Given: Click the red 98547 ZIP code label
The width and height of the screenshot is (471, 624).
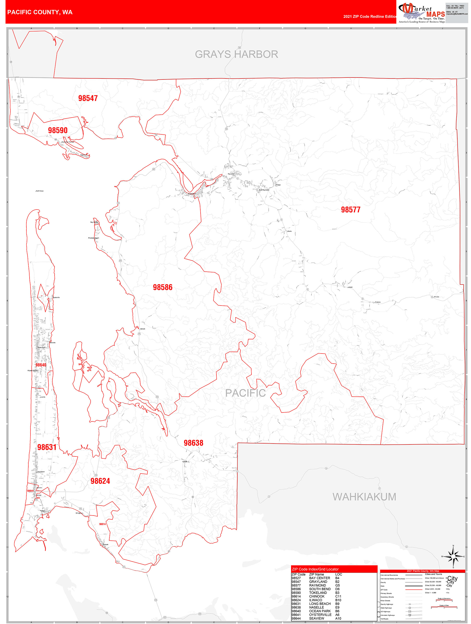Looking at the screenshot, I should tap(88, 98).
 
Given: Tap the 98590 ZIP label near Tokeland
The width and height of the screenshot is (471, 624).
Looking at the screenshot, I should tap(58, 130).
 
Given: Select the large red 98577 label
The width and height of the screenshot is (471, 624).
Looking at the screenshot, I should tap(350, 210).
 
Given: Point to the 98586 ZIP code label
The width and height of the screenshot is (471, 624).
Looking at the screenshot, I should tap(162, 287).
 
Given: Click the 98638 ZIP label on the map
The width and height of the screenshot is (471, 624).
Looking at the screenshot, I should tap(193, 443).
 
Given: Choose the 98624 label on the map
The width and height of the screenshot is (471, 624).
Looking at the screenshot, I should tap(100, 481).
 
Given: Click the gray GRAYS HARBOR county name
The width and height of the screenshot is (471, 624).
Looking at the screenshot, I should tap(236, 54).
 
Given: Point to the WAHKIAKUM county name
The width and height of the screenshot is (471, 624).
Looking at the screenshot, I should tap(364, 497).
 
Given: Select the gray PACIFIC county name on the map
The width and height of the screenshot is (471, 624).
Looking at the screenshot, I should tap(245, 393).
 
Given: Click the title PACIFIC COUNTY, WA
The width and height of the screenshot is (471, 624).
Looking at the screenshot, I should tap(40, 12).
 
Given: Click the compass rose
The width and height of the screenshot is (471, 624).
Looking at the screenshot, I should tap(453, 557).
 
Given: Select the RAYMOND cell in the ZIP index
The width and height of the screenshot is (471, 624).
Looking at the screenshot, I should tap(317, 585).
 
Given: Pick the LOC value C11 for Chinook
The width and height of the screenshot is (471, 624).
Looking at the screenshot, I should tap(338, 596).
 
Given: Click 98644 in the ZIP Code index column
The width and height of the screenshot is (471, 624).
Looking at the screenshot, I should tap(296, 618).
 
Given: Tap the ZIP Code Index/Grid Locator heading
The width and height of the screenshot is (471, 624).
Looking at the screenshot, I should tap(315, 569).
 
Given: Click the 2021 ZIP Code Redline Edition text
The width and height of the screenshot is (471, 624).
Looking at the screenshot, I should tap(370, 16).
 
